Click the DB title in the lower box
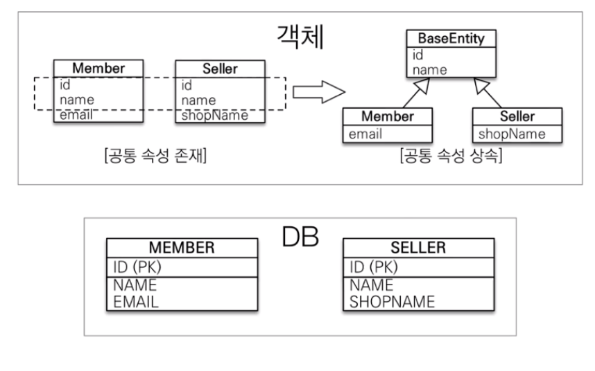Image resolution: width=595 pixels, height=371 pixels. (300, 239)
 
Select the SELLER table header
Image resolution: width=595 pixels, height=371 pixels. (418, 247)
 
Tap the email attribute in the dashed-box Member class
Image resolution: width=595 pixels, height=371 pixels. (76, 116)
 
